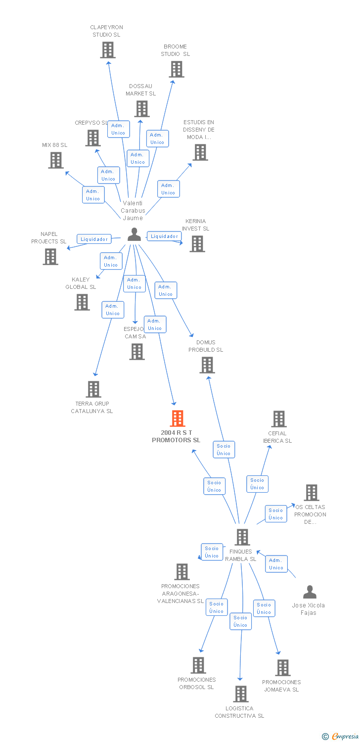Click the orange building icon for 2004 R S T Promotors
tap(177, 418)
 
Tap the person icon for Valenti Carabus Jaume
tap(134, 234)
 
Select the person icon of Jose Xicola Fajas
tap(310, 592)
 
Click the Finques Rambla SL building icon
tap(242, 537)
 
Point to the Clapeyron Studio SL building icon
tap(108, 50)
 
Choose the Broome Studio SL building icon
tap(177, 69)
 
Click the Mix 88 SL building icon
tap(56, 160)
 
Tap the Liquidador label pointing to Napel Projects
tap(94, 239)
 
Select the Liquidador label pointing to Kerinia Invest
tap(164, 236)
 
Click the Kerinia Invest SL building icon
tap(197, 244)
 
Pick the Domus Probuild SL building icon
tap(207, 365)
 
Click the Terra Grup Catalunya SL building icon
tap(93, 389)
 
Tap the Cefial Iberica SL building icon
tap(278, 419)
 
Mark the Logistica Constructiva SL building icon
tap(240, 694)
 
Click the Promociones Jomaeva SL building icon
tap(282, 668)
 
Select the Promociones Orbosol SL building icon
tap(198, 665)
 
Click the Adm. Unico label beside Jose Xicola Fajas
tap(276, 564)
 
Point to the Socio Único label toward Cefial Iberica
tap(257, 484)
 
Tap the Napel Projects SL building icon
tap(50, 257)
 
